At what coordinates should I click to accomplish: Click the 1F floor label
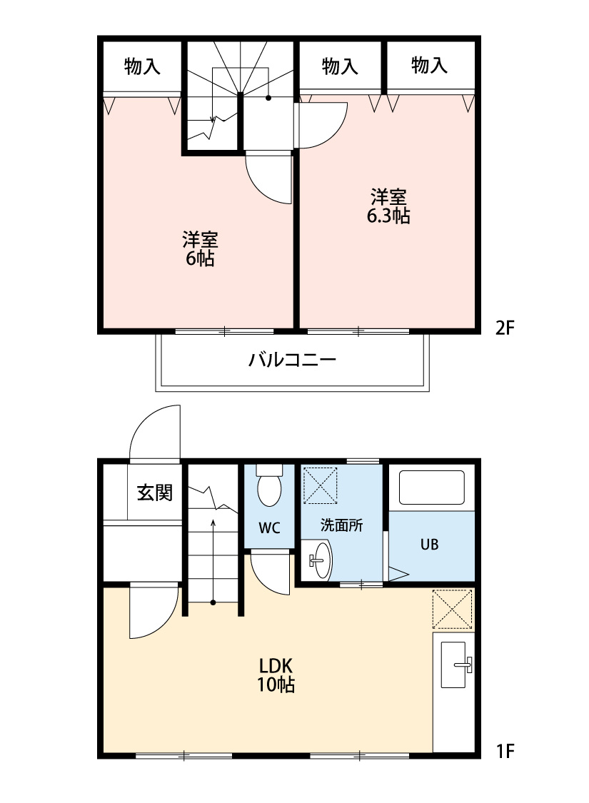(x=505, y=750)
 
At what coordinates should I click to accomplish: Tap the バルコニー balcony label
(x=292, y=359)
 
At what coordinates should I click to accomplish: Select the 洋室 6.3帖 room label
(x=388, y=206)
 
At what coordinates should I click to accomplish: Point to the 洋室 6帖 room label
(x=200, y=248)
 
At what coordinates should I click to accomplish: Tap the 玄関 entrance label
(x=155, y=493)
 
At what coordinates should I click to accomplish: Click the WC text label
(x=269, y=528)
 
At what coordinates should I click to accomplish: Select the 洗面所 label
(x=341, y=525)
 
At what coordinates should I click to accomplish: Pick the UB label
(x=429, y=545)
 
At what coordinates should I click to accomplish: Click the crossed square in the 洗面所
(x=320, y=485)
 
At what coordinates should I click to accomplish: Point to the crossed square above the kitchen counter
(x=453, y=609)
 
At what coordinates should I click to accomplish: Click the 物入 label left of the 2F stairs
(x=142, y=67)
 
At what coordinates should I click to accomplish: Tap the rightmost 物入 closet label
(x=430, y=66)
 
